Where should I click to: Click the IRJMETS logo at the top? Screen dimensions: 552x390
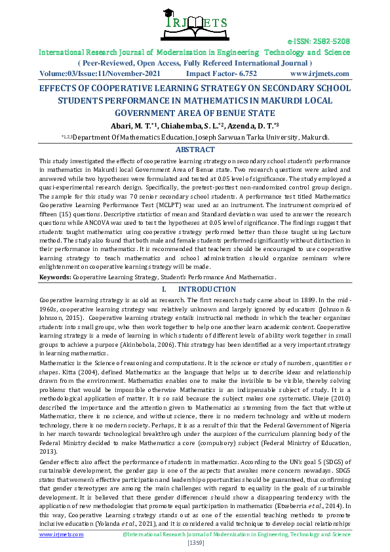(195, 24)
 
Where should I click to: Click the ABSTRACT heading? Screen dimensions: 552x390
(195, 149)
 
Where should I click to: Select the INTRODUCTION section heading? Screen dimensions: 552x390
(203, 289)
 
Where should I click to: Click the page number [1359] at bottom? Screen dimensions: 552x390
(195, 543)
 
